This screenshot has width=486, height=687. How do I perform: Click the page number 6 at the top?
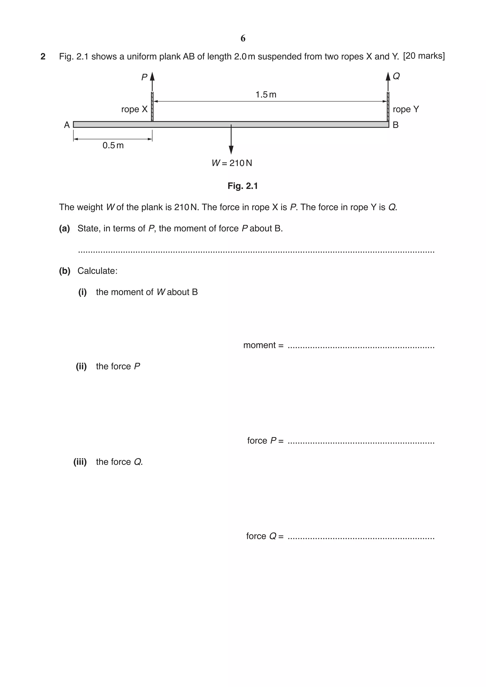click(243, 38)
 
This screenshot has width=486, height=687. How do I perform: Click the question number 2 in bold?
click(43, 56)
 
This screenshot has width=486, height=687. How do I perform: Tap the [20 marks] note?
click(424, 56)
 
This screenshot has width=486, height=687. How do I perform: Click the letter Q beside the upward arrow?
click(396, 76)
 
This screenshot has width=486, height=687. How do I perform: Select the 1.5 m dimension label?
click(266, 95)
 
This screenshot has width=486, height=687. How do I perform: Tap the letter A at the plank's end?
click(67, 125)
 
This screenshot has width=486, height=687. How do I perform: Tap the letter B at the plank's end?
click(396, 125)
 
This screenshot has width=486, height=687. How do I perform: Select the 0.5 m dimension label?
click(113, 145)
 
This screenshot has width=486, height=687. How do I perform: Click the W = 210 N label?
click(232, 163)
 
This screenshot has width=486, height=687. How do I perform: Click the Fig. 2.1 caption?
click(243, 186)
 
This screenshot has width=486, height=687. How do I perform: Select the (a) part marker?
click(64, 229)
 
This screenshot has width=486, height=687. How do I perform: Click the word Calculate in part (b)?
click(97, 271)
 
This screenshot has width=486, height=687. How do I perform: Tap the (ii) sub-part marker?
click(81, 366)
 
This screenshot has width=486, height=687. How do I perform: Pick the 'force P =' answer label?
click(265, 441)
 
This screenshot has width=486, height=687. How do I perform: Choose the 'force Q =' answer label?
click(265, 536)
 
